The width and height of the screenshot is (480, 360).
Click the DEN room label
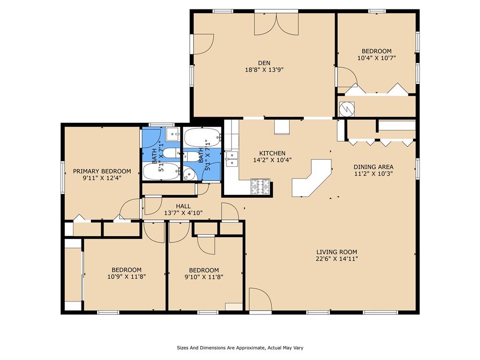(264, 63)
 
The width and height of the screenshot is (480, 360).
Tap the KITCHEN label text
(272, 153)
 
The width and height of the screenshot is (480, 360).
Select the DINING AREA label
(374, 167)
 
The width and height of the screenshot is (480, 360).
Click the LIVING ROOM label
(337, 252)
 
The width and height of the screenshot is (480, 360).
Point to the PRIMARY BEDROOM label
(102, 171)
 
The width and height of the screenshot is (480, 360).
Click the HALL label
(183, 206)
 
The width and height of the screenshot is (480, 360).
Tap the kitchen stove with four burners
(261, 187)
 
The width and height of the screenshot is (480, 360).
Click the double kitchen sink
(232, 158)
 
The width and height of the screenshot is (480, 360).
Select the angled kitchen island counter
(312, 178)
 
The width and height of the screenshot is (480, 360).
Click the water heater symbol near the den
(347, 109)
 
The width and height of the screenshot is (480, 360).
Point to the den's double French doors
(277, 24)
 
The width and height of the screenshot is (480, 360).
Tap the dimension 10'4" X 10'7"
(377, 58)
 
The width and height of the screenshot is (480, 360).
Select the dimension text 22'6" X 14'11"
(337, 259)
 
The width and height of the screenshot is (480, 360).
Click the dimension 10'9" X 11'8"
(127, 277)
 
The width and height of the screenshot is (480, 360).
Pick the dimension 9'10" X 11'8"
(204, 277)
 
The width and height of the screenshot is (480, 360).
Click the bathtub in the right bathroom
(202, 137)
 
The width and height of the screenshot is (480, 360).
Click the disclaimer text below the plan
(240, 348)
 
